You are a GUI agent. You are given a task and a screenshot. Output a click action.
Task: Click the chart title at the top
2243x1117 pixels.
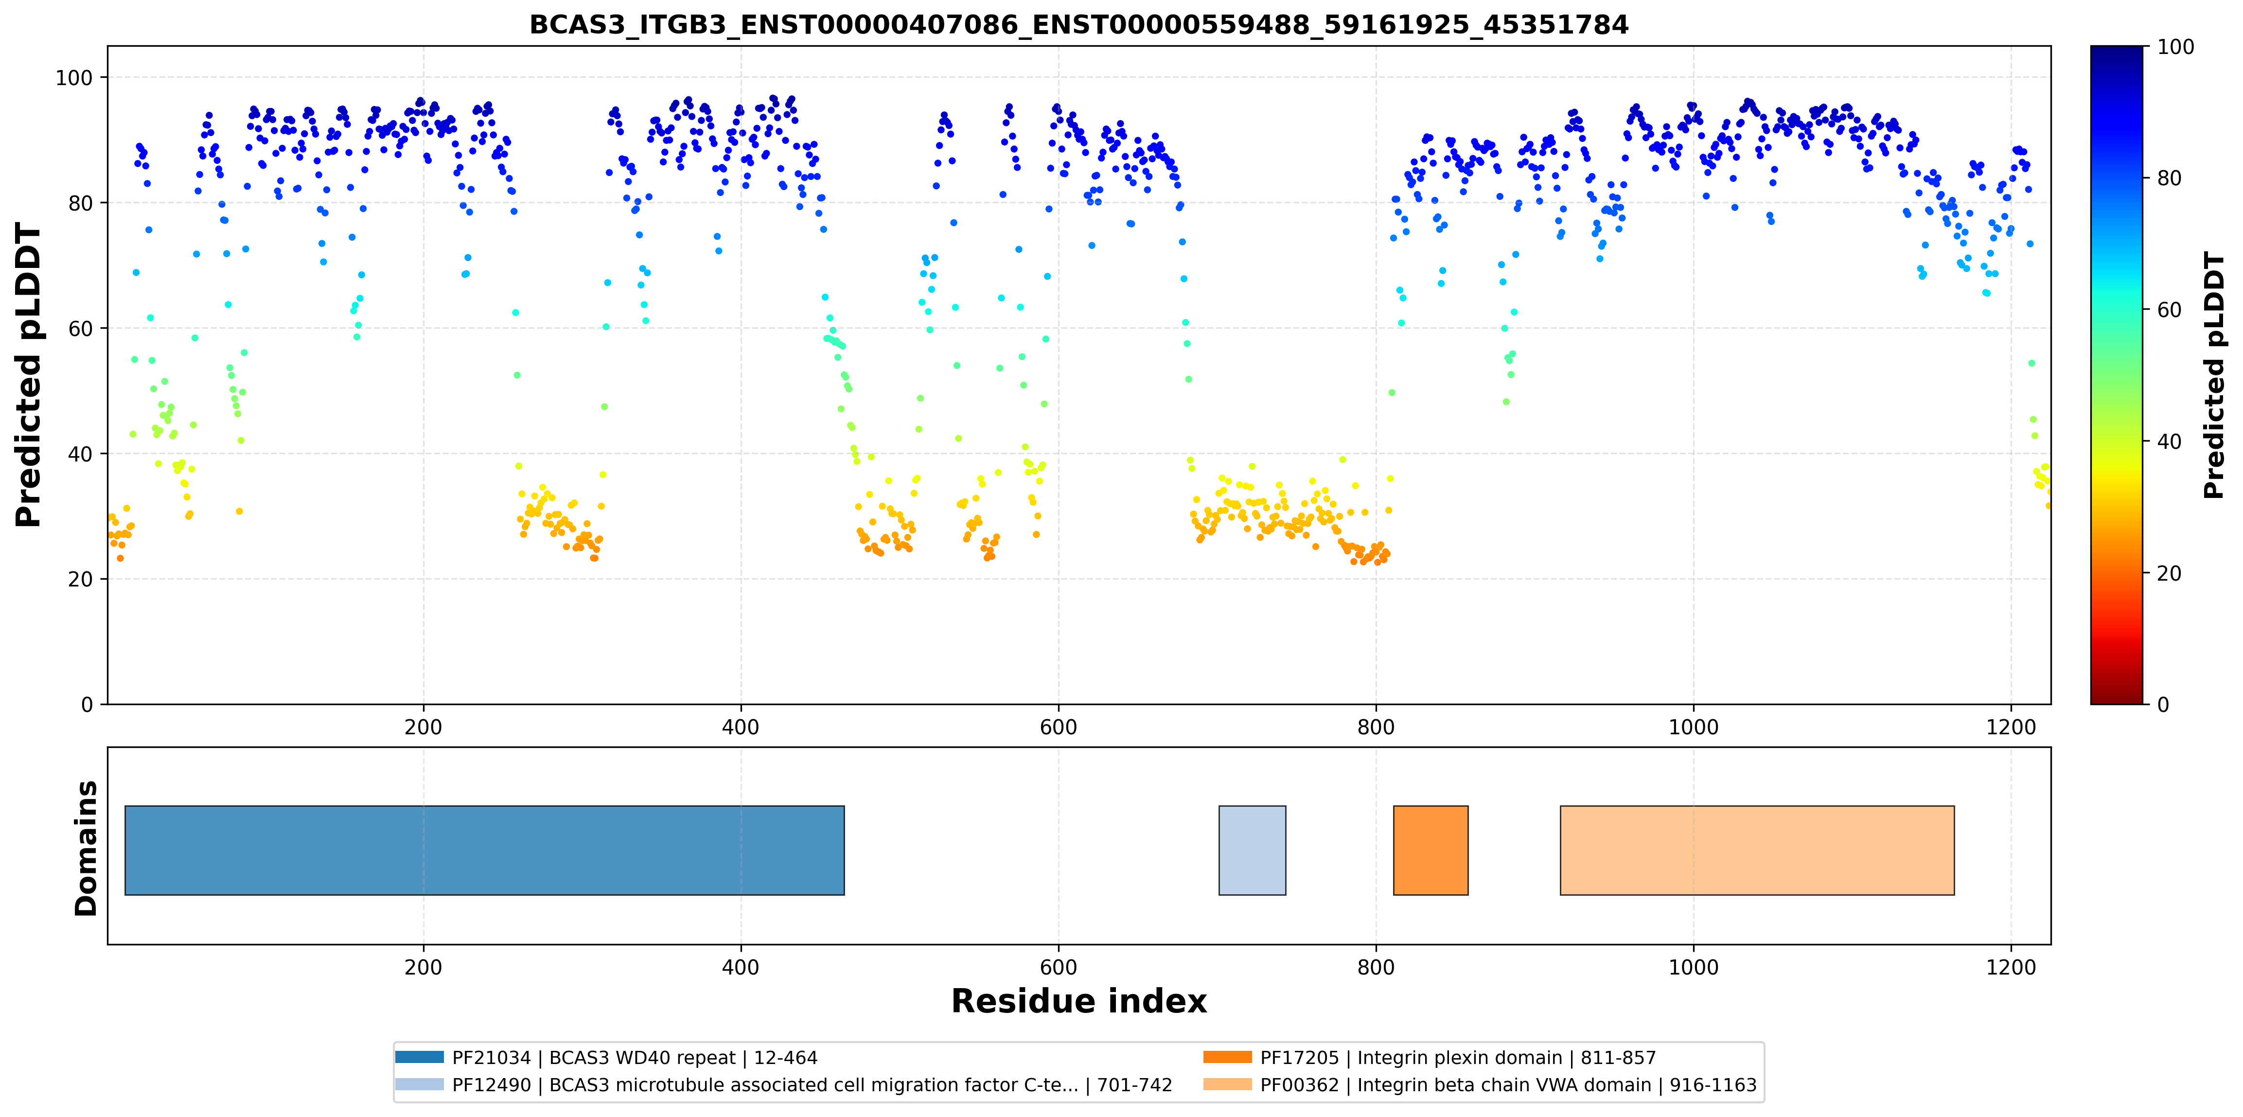(x=1079, y=24)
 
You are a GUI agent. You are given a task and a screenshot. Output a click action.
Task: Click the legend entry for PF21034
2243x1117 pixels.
(x=607, y=1058)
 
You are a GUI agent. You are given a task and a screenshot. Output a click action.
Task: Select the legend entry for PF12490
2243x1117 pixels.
(x=784, y=1085)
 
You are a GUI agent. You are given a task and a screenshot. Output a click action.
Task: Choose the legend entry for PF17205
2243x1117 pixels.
(x=1430, y=1058)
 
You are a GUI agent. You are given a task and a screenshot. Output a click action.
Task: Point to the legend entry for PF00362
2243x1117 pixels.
(x=1480, y=1085)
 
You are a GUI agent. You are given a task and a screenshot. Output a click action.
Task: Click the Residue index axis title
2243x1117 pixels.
(x=1079, y=1001)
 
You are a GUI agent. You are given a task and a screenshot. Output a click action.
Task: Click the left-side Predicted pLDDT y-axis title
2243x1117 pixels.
(x=29, y=375)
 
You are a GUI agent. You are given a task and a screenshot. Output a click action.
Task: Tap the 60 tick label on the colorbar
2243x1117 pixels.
(x=2169, y=310)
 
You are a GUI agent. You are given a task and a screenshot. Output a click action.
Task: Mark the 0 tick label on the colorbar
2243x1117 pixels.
(x=2163, y=704)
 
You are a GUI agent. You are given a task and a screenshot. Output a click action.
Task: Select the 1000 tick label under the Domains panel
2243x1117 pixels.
(x=1694, y=967)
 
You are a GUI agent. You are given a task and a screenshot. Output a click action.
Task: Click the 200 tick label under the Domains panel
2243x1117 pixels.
(x=424, y=967)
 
